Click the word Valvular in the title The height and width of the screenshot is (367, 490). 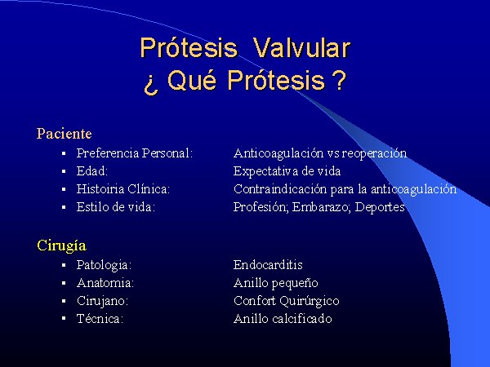tap(301, 48)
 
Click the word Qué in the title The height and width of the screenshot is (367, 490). tap(192, 80)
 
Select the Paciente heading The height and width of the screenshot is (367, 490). tap(64, 134)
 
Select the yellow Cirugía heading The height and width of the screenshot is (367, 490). tap(61, 245)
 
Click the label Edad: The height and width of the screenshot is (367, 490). tap(91, 171)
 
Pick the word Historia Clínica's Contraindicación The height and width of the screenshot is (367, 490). tap(280, 189)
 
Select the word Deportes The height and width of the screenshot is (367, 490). tap(380, 207)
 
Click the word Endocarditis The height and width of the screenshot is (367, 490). tap(268, 265)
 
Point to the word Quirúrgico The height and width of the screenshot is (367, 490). tap(310, 301)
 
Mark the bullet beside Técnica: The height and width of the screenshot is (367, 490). tap(64, 318)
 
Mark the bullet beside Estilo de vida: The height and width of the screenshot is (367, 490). tap(64, 206)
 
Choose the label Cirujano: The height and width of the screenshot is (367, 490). tap(103, 301)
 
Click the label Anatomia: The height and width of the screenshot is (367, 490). tap(105, 283)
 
